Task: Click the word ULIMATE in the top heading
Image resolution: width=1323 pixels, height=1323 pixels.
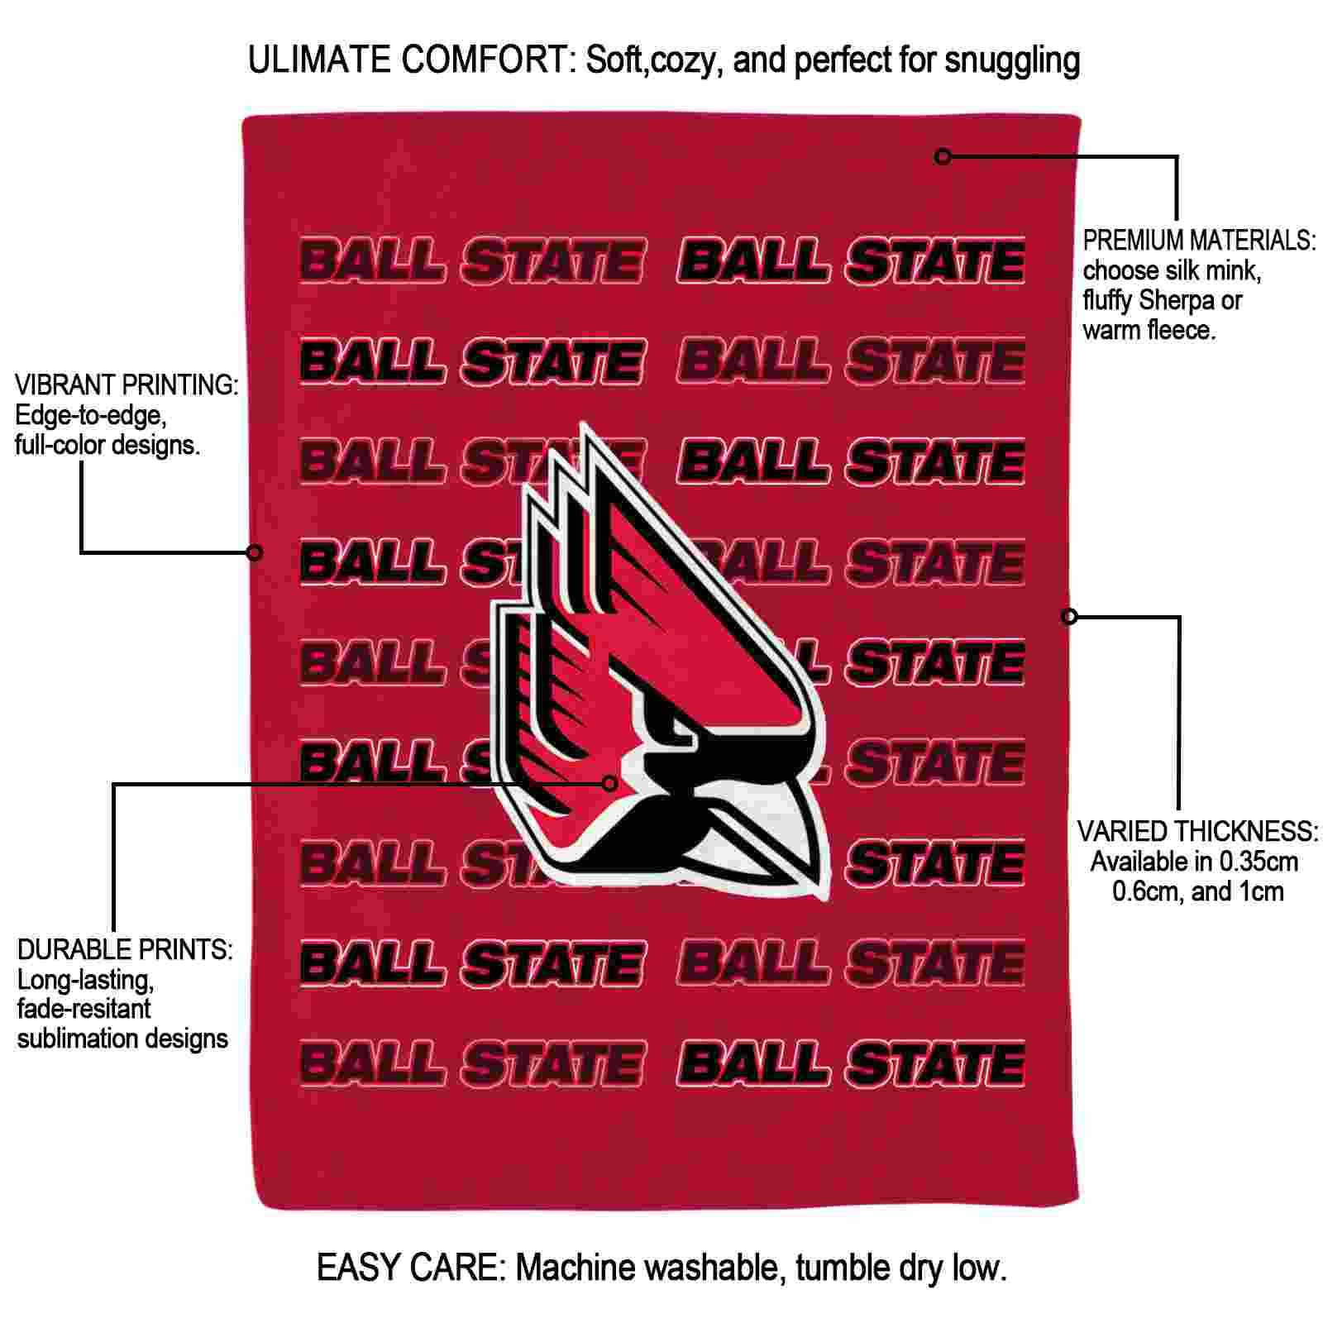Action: pyautogui.click(x=319, y=60)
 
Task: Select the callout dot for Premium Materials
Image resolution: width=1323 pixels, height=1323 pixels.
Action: pyautogui.click(x=943, y=156)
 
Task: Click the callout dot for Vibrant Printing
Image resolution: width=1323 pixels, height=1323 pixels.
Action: pyautogui.click(x=255, y=552)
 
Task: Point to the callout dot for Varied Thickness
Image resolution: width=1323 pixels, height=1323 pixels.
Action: pyautogui.click(x=1069, y=616)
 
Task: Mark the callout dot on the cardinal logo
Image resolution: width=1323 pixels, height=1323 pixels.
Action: pyautogui.click(x=610, y=783)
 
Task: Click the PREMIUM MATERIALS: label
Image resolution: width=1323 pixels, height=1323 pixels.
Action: pyautogui.click(x=1199, y=241)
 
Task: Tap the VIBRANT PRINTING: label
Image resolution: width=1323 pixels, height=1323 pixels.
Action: pyautogui.click(x=127, y=384)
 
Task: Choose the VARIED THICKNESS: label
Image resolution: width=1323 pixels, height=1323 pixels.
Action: pyautogui.click(x=1197, y=831)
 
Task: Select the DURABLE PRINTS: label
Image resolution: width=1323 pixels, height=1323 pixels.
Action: pyautogui.click(x=125, y=949)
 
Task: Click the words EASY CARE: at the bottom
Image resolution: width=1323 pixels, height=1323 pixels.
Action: pyautogui.click(x=410, y=1268)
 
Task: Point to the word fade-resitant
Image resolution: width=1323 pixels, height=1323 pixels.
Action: pyautogui.click(x=84, y=1009)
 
